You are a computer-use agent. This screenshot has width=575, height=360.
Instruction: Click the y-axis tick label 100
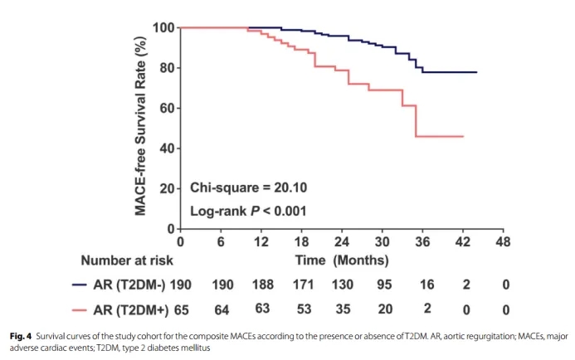163,28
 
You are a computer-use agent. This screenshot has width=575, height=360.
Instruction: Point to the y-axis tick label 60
166,109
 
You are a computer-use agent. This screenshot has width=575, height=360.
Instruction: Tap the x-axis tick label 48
503,241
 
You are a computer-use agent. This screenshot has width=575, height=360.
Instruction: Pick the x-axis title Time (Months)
343,260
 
